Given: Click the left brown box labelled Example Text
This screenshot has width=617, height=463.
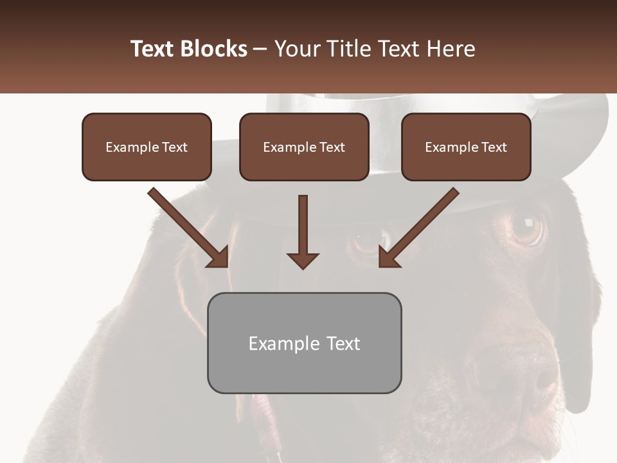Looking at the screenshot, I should pyautogui.click(x=147, y=147).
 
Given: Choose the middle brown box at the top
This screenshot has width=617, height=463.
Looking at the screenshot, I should pyautogui.click(x=304, y=147).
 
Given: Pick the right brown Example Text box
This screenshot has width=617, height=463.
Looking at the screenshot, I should pyautogui.click(x=466, y=147).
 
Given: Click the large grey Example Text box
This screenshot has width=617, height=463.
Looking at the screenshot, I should pyautogui.click(x=304, y=343).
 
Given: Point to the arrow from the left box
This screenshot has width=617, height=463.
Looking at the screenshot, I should pyautogui.click(x=186, y=226).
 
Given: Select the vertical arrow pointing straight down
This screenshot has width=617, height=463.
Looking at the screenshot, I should pyautogui.click(x=303, y=232).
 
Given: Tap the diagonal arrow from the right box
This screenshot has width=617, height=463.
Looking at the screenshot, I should pyautogui.click(x=419, y=226).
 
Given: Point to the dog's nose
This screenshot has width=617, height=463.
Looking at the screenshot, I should pyautogui.click(x=514, y=373).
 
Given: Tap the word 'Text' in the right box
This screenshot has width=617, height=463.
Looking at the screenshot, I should pyautogui.click(x=493, y=147).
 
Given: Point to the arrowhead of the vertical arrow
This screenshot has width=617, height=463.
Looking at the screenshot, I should pyautogui.click(x=303, y=260).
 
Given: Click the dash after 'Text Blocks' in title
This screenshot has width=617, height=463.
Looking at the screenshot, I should pyautogui.click(x=260, y=49).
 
